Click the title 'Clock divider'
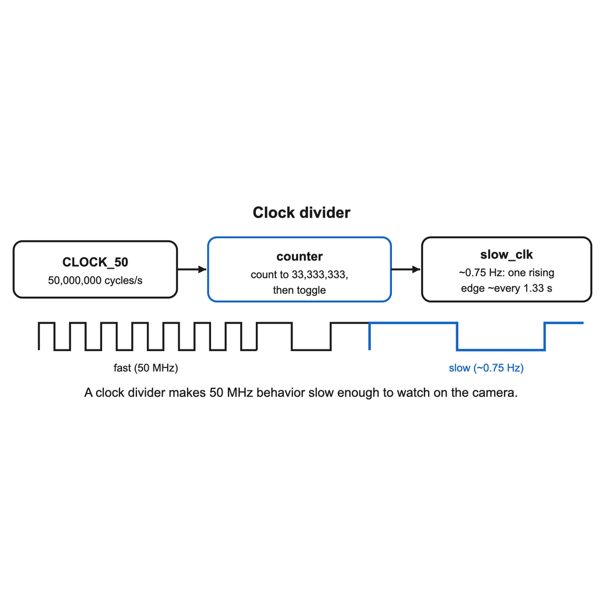click(301, 213)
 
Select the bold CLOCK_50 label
click(95, 262)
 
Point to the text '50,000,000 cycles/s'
click(95, 280)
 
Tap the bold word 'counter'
click(300, 257)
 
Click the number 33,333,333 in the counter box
click(319, 275)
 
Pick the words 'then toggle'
click(299, 290)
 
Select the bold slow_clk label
click(506, 255)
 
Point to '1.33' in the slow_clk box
click(534, 288)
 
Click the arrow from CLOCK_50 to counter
click(192, 269)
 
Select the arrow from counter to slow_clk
click(406, 269)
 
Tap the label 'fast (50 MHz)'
click(146, 367)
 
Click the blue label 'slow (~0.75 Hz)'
click(486, 367)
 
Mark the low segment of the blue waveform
click(501, 350)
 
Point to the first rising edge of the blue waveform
click(369, 336)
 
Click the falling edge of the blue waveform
click(457, 336)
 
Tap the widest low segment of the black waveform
click(311, 350)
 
